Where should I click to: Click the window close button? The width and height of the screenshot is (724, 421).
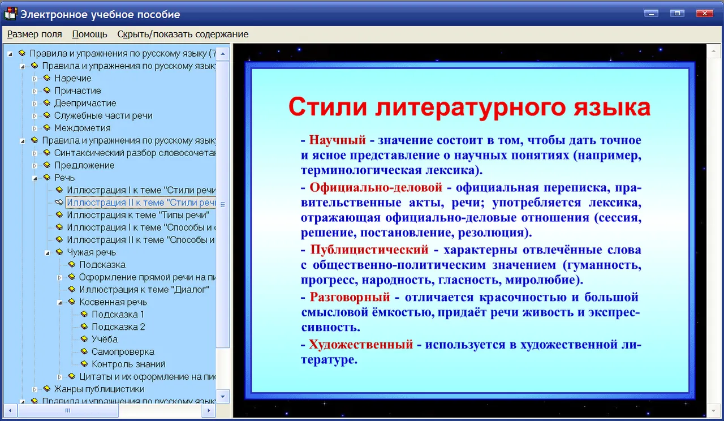pos(705,13)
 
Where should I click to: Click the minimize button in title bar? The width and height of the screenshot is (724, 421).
pos(651,13)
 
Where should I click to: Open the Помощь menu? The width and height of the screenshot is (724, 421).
pos(89,34)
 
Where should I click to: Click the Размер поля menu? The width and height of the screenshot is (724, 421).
pos(35,34)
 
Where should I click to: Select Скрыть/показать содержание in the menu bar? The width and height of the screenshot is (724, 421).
pos(183,34)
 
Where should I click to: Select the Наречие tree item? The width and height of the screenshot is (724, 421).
pos(73,78)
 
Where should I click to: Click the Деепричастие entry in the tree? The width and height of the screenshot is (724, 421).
pos(85,103)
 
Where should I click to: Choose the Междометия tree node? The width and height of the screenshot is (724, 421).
pos(83,128)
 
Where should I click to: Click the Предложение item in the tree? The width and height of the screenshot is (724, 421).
pos(84,165)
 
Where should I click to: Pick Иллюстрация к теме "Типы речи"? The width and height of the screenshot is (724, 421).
pos(138,215)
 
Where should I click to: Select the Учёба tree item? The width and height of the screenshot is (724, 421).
pos(105,339)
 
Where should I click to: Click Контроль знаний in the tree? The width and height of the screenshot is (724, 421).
pos(128,364)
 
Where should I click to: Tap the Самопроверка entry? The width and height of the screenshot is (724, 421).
pos(123,352)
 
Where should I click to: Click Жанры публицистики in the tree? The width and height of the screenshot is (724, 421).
pos(99,389)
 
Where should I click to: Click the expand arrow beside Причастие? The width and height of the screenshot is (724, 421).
pos(35,91)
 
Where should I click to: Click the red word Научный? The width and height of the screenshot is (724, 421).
pos(338,140)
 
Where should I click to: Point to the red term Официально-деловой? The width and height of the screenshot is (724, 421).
pos(376,187)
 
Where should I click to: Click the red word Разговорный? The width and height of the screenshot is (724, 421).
pos(350,297)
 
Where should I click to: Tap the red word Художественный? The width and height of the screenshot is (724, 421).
pos(361,345)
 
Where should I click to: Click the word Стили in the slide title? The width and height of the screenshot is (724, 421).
pos(327,107)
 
